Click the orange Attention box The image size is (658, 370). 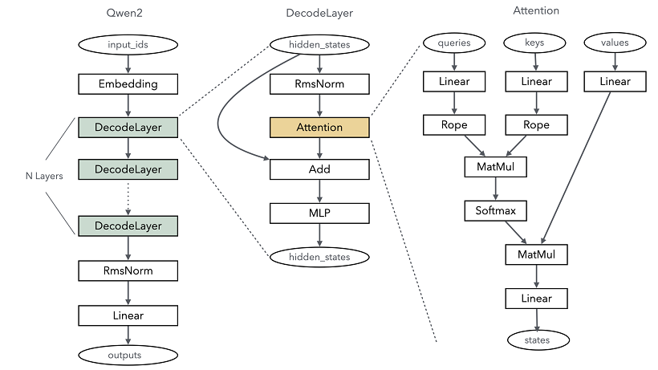(x=319, y=127)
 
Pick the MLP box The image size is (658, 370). (x=319, y=213)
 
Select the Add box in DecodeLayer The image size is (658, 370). (x=319, y=169)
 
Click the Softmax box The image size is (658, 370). (x=496, y=211)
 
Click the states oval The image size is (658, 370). (x=538, y=340)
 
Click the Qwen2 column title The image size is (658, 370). (x=128, y=13)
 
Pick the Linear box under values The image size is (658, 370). (x=615, y=81)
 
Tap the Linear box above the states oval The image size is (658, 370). (x=537, y=299)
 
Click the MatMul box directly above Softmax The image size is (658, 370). (x=496, y=168)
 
